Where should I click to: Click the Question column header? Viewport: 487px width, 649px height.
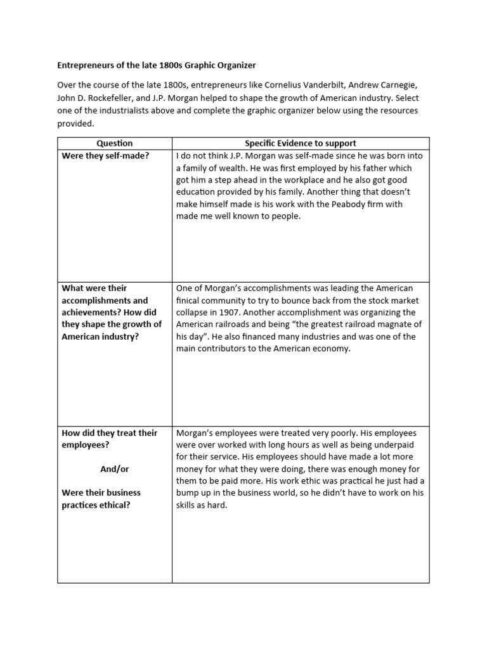tap(115, 143)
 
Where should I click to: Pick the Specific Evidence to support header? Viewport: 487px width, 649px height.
tap(301, 143)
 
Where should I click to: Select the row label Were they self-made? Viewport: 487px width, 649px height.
tap(105, 156)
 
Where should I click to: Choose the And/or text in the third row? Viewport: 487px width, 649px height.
tap(115, 469)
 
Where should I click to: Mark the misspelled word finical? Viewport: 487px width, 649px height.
tap(190, 300)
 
